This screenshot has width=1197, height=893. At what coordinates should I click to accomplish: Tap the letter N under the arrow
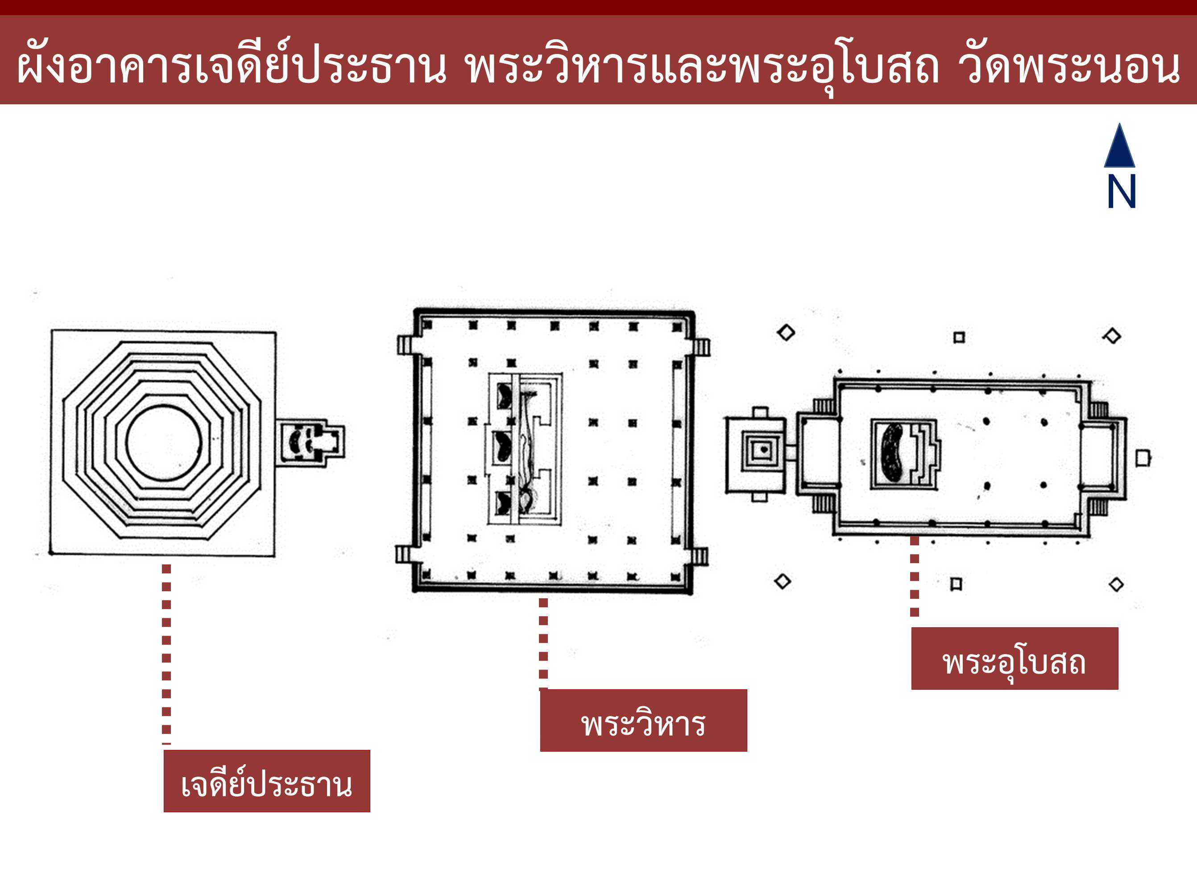tap(1121, 192)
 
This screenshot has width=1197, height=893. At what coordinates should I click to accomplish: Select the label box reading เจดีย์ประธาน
tap(267, 781)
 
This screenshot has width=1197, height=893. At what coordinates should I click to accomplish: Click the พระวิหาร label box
tap(643, 720)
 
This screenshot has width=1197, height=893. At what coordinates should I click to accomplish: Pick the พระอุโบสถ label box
tap(1014, 658)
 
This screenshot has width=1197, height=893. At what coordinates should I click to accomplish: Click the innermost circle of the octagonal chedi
tap(163, 442)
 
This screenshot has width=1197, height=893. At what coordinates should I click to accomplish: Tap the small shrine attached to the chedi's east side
tap(311, 442)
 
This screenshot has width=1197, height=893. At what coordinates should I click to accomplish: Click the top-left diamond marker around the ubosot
tap(786, 333)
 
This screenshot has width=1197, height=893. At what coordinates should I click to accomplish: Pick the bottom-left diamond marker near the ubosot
tap(783, 582)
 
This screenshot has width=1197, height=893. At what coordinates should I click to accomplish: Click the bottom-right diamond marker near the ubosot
tap(1116, 584)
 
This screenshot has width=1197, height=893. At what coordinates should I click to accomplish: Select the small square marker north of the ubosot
tap(959, 337)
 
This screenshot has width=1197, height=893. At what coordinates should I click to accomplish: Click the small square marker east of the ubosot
tap(1143, 458)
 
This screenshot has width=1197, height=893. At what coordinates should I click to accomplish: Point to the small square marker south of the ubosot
tap(956, 584)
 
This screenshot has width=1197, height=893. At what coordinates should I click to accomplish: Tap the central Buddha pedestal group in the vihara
tap(524, 449)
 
